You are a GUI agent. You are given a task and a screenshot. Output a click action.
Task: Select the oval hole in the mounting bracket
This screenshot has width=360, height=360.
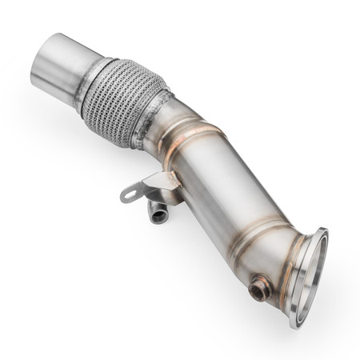click(128, 194)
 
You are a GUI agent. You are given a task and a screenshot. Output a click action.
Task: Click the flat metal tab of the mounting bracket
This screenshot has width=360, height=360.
click(141, 189)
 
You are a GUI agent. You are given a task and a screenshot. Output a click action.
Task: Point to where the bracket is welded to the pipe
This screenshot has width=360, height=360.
click(170, 180)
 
